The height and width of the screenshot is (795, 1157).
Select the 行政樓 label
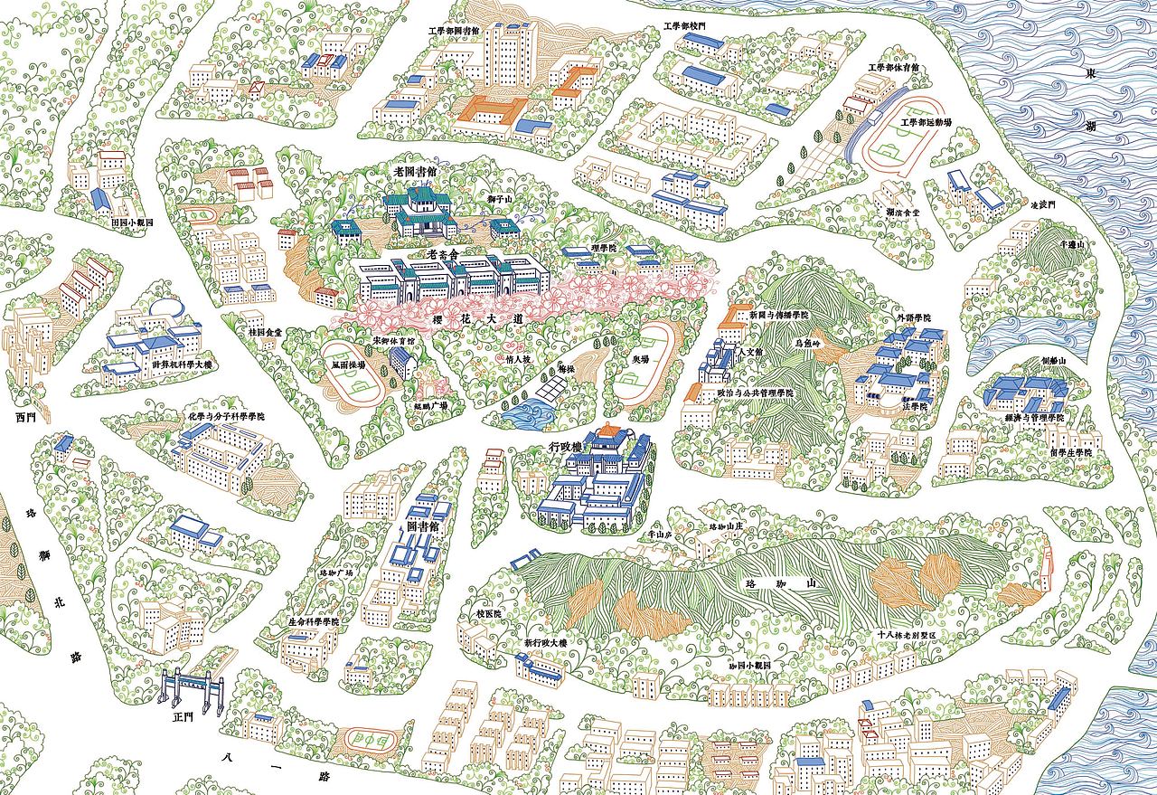pos(567,448)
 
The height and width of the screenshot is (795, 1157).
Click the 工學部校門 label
pos(684,27)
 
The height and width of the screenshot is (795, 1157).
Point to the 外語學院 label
pos(913,319)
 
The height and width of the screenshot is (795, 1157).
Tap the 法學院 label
pos(918,407)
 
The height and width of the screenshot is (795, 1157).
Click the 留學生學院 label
pos(1071,451)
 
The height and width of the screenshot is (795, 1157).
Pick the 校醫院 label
pos(488,613)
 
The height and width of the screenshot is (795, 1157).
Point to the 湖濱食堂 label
pos(902,212)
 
